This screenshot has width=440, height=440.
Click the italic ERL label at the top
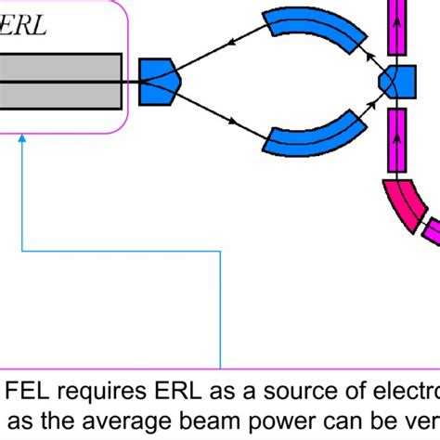(x=25, y=25)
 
